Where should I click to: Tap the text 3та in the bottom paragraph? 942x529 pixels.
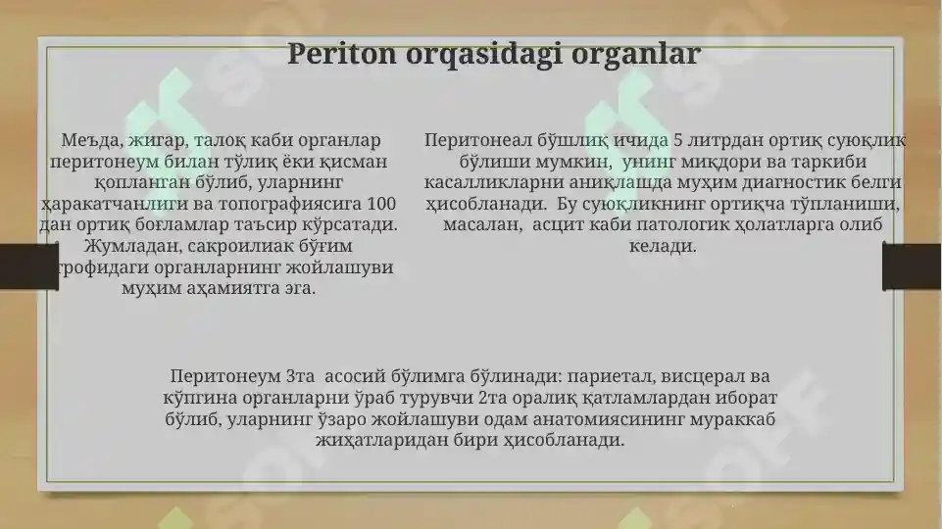click(300, 376)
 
